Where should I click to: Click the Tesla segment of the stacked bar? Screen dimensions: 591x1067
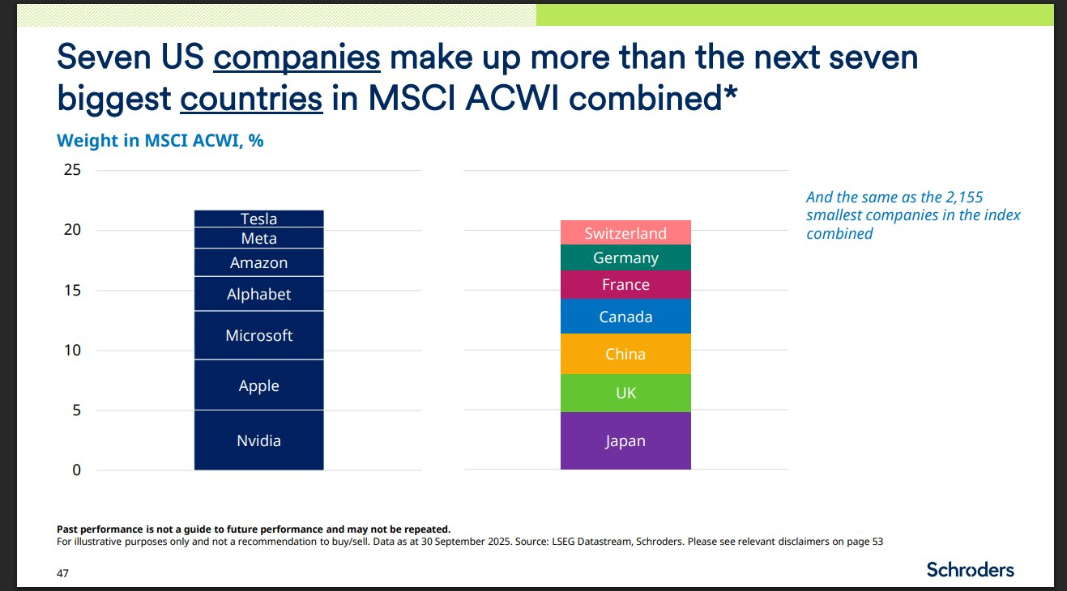pos(258,219)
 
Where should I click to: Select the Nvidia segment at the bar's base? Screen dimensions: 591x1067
pos(258,440)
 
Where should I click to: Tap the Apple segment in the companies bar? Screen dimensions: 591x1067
pos(258,385)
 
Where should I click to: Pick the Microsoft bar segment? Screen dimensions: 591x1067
pos(258,335)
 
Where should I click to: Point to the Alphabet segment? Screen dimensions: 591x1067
pos(258,294)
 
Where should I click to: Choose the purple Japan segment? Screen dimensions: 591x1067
pos(625,441)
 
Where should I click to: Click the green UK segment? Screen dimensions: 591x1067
pos(625,393)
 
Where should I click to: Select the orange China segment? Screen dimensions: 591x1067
pos(625,354)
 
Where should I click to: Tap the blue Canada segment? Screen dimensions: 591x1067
pos(625,317)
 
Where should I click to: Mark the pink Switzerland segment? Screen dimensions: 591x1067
pos(625,233)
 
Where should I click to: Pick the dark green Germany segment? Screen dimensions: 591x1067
pos(625,257)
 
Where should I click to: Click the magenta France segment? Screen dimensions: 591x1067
pos(625,284)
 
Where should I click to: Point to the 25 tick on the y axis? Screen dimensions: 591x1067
pos(72,170)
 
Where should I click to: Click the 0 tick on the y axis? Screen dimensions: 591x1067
pos(76,470)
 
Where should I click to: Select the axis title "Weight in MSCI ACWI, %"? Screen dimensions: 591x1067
pos(160,140)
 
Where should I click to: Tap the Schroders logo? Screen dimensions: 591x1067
pos(970,569)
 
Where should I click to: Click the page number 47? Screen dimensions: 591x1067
pos(62,573)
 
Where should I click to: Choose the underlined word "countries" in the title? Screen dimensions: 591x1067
pos(251,98)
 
